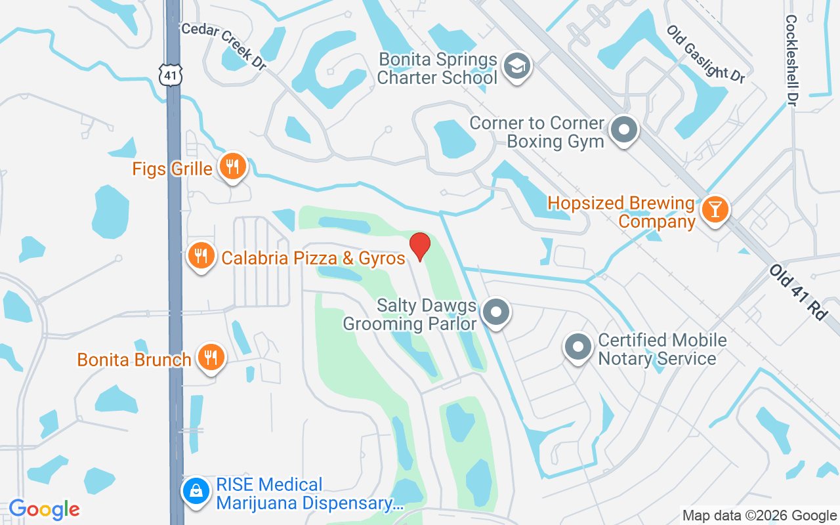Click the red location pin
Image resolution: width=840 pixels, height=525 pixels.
420,246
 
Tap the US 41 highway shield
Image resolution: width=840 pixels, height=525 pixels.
171,75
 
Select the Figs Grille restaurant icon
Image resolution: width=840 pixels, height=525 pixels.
232,167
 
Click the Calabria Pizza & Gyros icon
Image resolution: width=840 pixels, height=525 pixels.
201,256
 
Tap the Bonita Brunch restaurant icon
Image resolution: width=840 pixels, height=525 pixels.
211,358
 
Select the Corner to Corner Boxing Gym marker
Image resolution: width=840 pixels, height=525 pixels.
624,130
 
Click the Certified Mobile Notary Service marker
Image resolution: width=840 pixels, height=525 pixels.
578,347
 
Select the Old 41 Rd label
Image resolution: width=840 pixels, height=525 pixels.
798,293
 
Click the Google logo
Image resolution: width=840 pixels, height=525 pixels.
44,509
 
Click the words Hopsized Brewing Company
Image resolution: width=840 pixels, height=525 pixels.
621,213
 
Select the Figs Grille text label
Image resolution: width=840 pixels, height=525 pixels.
173,169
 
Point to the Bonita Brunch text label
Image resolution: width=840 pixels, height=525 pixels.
135,360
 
